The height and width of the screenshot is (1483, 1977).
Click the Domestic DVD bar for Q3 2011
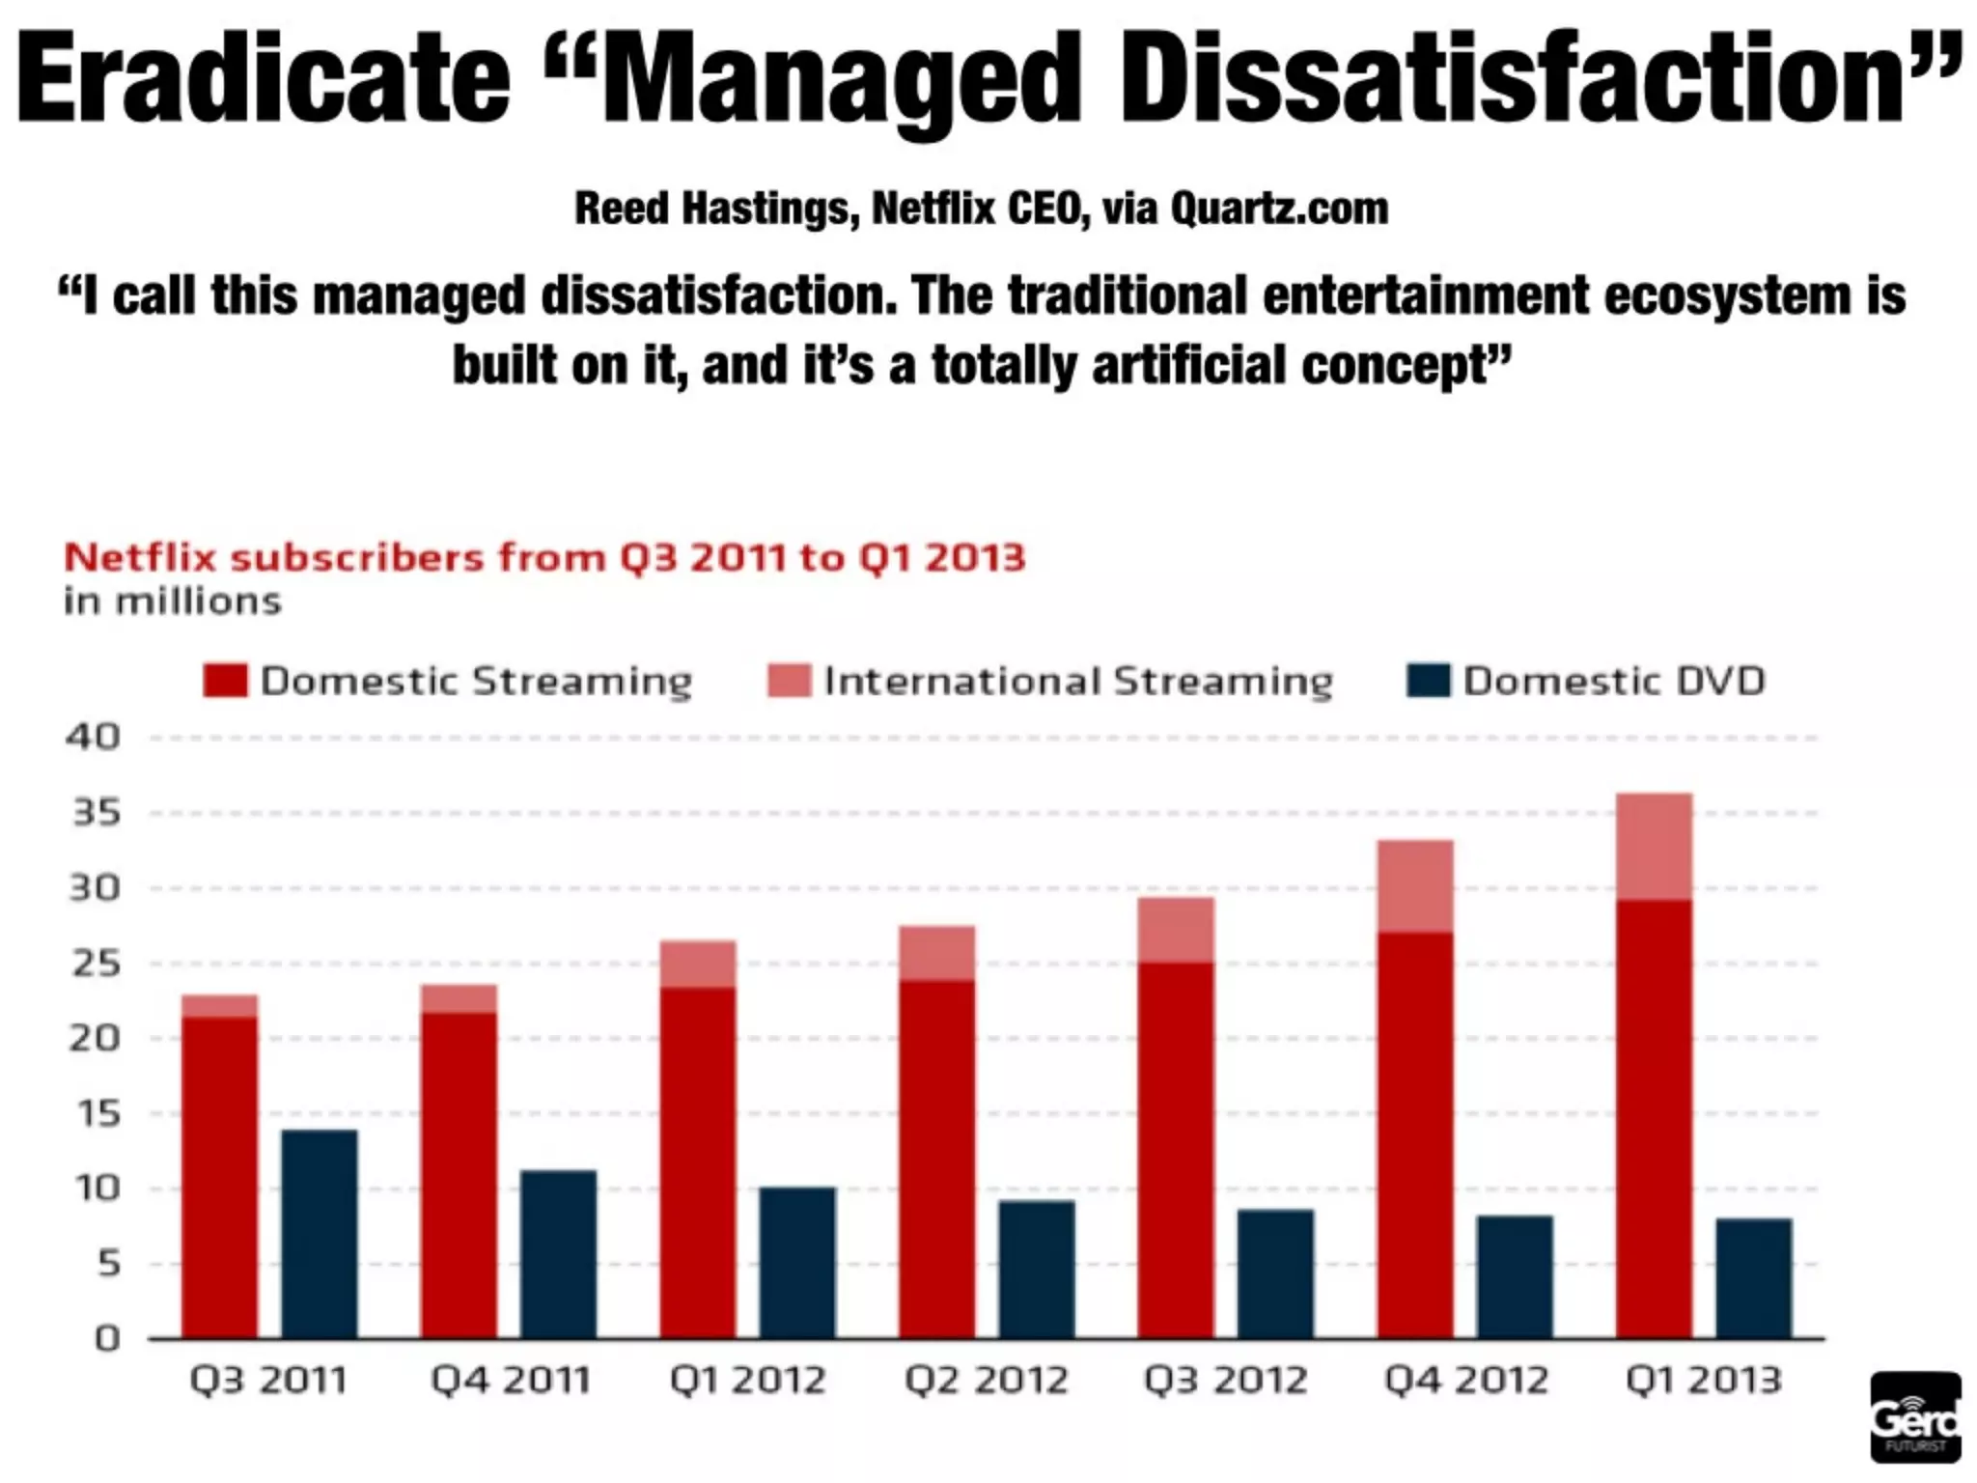pyautogui.click(x=319, y=1234)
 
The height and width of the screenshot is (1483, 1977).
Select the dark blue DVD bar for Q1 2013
pyautogui.click(x=1753, y=1278)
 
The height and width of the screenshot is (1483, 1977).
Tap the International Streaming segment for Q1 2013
pyautogui.click(x=1654, y=847)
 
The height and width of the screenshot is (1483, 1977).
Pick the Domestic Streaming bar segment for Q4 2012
pyautogui.click(x=1415, y=1134)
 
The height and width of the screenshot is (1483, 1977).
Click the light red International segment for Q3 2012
pyautogui.click(x=1176, y=930)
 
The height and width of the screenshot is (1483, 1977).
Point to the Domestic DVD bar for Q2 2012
pyautogui.click(x=1036, y=1269)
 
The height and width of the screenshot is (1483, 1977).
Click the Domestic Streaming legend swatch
pyautogui.click(x=225, y=681)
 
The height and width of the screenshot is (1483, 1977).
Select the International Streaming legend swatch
pyautogui.click(x=789, y=681)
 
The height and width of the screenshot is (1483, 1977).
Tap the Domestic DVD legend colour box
pyautogui.click(x=1428, y=681)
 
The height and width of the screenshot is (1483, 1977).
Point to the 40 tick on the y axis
pyautogui.click(x=94, y=738)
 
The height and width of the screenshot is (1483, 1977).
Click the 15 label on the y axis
pyautogui.click(x=96, y=1114)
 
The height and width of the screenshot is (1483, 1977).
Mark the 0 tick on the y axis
pyautogui.click(x=107, y=1339)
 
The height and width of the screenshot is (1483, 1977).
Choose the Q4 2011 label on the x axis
pyautogui.click(x=510, y=1381)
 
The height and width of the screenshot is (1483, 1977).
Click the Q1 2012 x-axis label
pyautogui.click(x=748, y=1381)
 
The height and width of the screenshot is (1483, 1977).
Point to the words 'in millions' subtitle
pyautogui.click(x=173, y=602)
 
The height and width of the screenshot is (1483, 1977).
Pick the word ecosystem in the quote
pyautogui.click(x=1726, y=295)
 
